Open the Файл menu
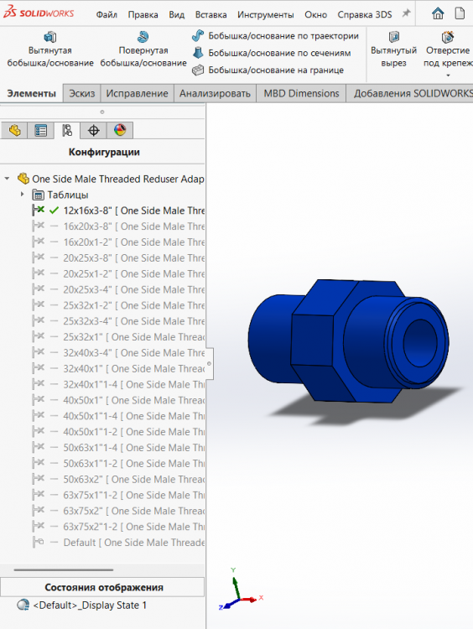(107, 15)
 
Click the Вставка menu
(211, 15)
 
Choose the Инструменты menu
(265, 15)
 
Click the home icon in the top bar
(438, 13)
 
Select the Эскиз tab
(82, 93)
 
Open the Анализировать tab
(215, 93)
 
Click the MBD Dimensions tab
(301, 93)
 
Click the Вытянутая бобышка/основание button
(50, 49)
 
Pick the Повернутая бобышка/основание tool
(143, 49)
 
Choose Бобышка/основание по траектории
(275, 36)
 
